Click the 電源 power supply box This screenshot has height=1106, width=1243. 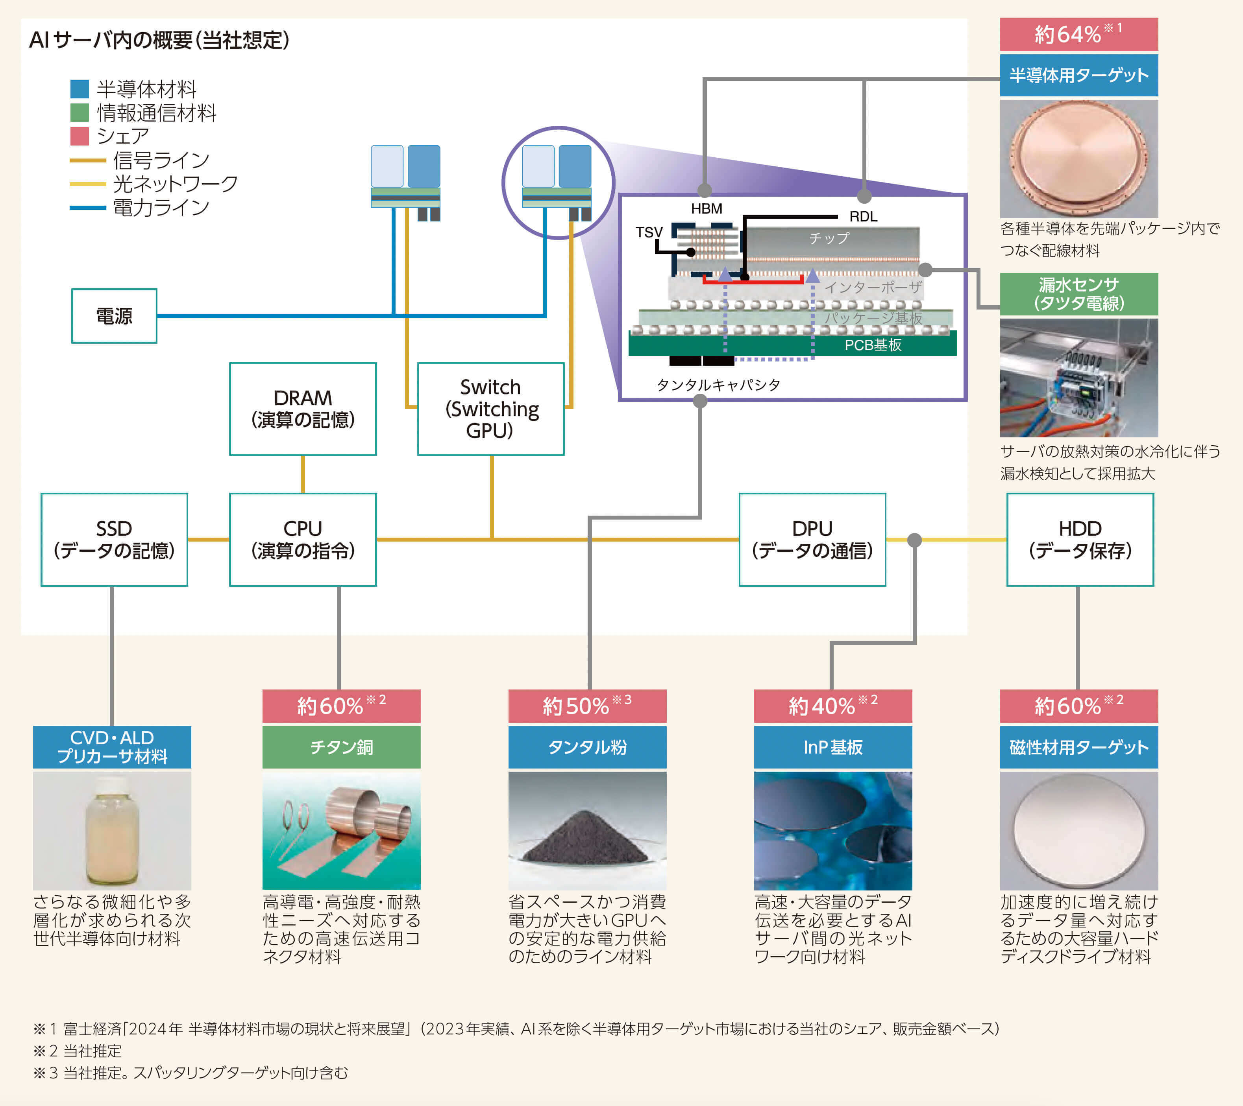click(114, 316)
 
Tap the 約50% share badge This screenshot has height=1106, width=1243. click(587, 706)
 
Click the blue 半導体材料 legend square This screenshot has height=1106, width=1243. click(80, 89)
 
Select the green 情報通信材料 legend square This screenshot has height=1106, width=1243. click(80, 112)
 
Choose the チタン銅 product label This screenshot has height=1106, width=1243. click(341, 747)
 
